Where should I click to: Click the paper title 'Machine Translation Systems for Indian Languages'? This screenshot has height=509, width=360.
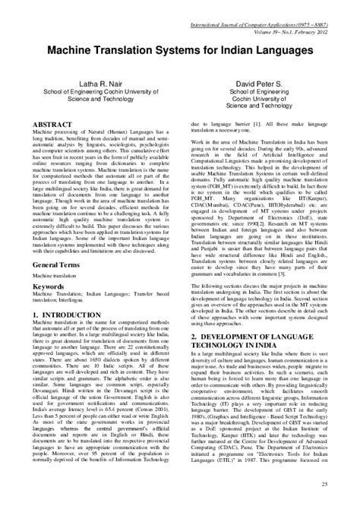click(x=179, y=49)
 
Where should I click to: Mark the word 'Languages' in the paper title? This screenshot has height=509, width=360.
click(x=268, y=49)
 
